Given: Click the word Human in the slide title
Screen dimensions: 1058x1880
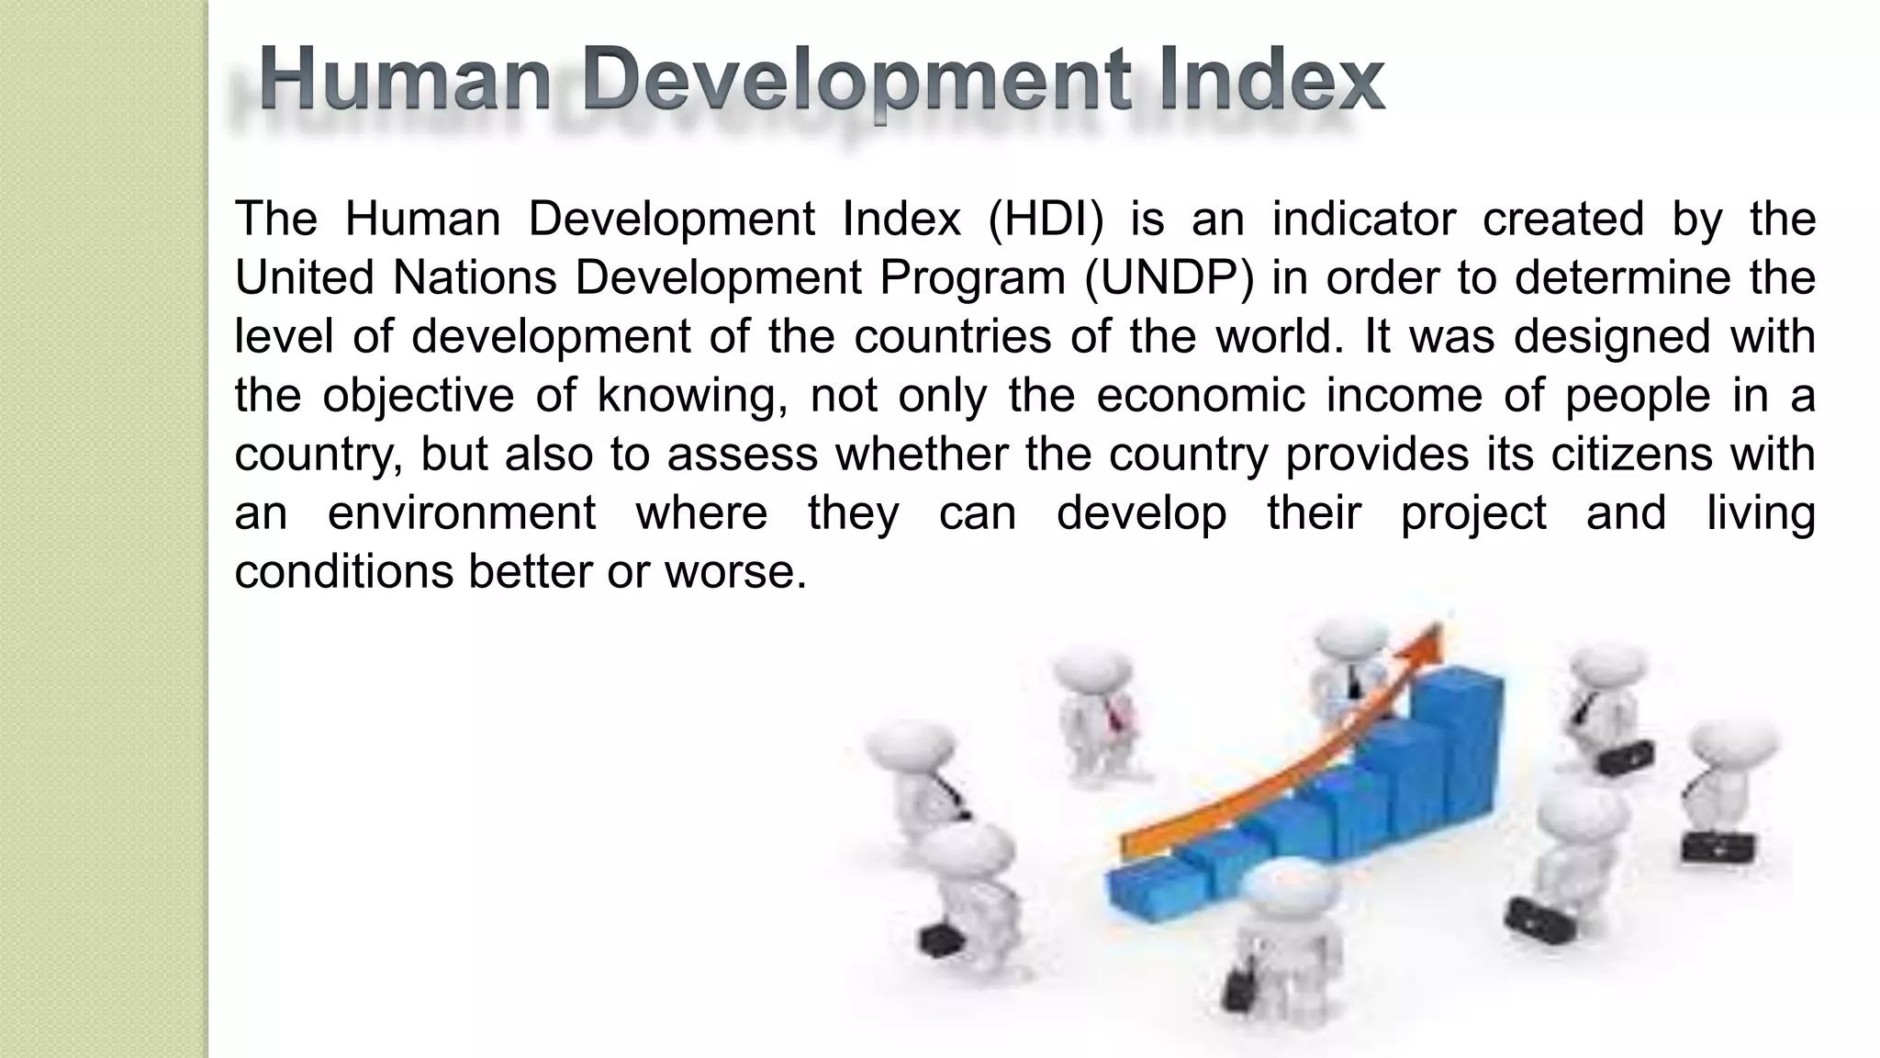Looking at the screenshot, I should click(405, 81).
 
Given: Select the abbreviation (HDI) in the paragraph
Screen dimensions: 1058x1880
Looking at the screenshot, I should click(1046, 219).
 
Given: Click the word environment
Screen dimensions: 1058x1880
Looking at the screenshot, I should click(462, 513).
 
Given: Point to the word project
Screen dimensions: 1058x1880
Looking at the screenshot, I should click(1473, 513).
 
